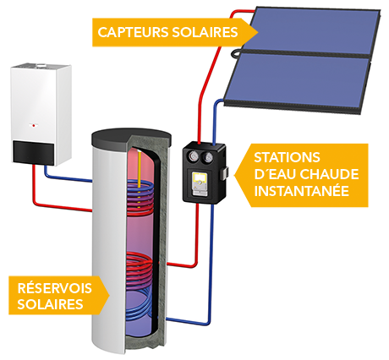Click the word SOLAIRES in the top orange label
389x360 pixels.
point(200,32)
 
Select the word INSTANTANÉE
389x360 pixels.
point(299,191)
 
